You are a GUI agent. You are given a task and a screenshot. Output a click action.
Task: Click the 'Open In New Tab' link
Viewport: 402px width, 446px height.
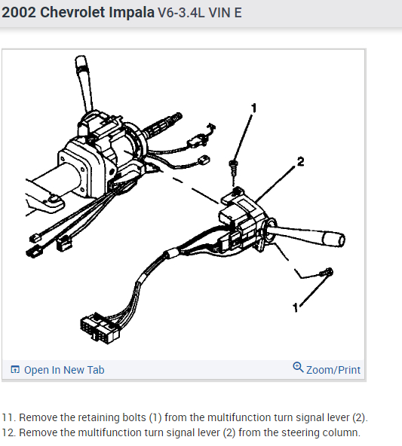pos(64,370)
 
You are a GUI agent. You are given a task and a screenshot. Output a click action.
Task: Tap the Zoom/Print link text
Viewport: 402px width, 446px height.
pos(333,370)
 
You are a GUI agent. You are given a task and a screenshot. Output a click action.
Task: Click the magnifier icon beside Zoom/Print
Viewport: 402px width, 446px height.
pos(298,367)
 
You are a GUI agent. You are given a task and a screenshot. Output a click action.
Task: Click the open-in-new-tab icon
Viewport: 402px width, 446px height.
pos(15,369)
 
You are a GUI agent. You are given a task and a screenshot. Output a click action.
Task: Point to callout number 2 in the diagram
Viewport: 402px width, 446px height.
pos(300,161)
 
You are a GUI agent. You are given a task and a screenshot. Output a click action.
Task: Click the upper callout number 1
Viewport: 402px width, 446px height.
pos(254,108)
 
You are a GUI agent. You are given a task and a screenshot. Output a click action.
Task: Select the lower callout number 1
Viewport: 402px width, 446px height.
pos(296,307)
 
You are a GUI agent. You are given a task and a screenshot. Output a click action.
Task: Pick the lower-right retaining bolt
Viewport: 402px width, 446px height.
pos(327,272)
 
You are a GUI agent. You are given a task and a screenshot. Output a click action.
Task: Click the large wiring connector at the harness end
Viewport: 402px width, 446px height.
pos(100,328)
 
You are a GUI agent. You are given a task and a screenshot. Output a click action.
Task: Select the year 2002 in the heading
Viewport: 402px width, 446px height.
pos(19,13)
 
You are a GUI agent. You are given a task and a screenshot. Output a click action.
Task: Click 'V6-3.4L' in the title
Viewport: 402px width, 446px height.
pos(181,13)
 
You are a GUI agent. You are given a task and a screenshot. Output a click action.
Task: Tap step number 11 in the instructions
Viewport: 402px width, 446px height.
pos(8,417)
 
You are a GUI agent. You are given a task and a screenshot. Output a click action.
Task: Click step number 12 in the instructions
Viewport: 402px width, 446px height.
pos(8,432)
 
